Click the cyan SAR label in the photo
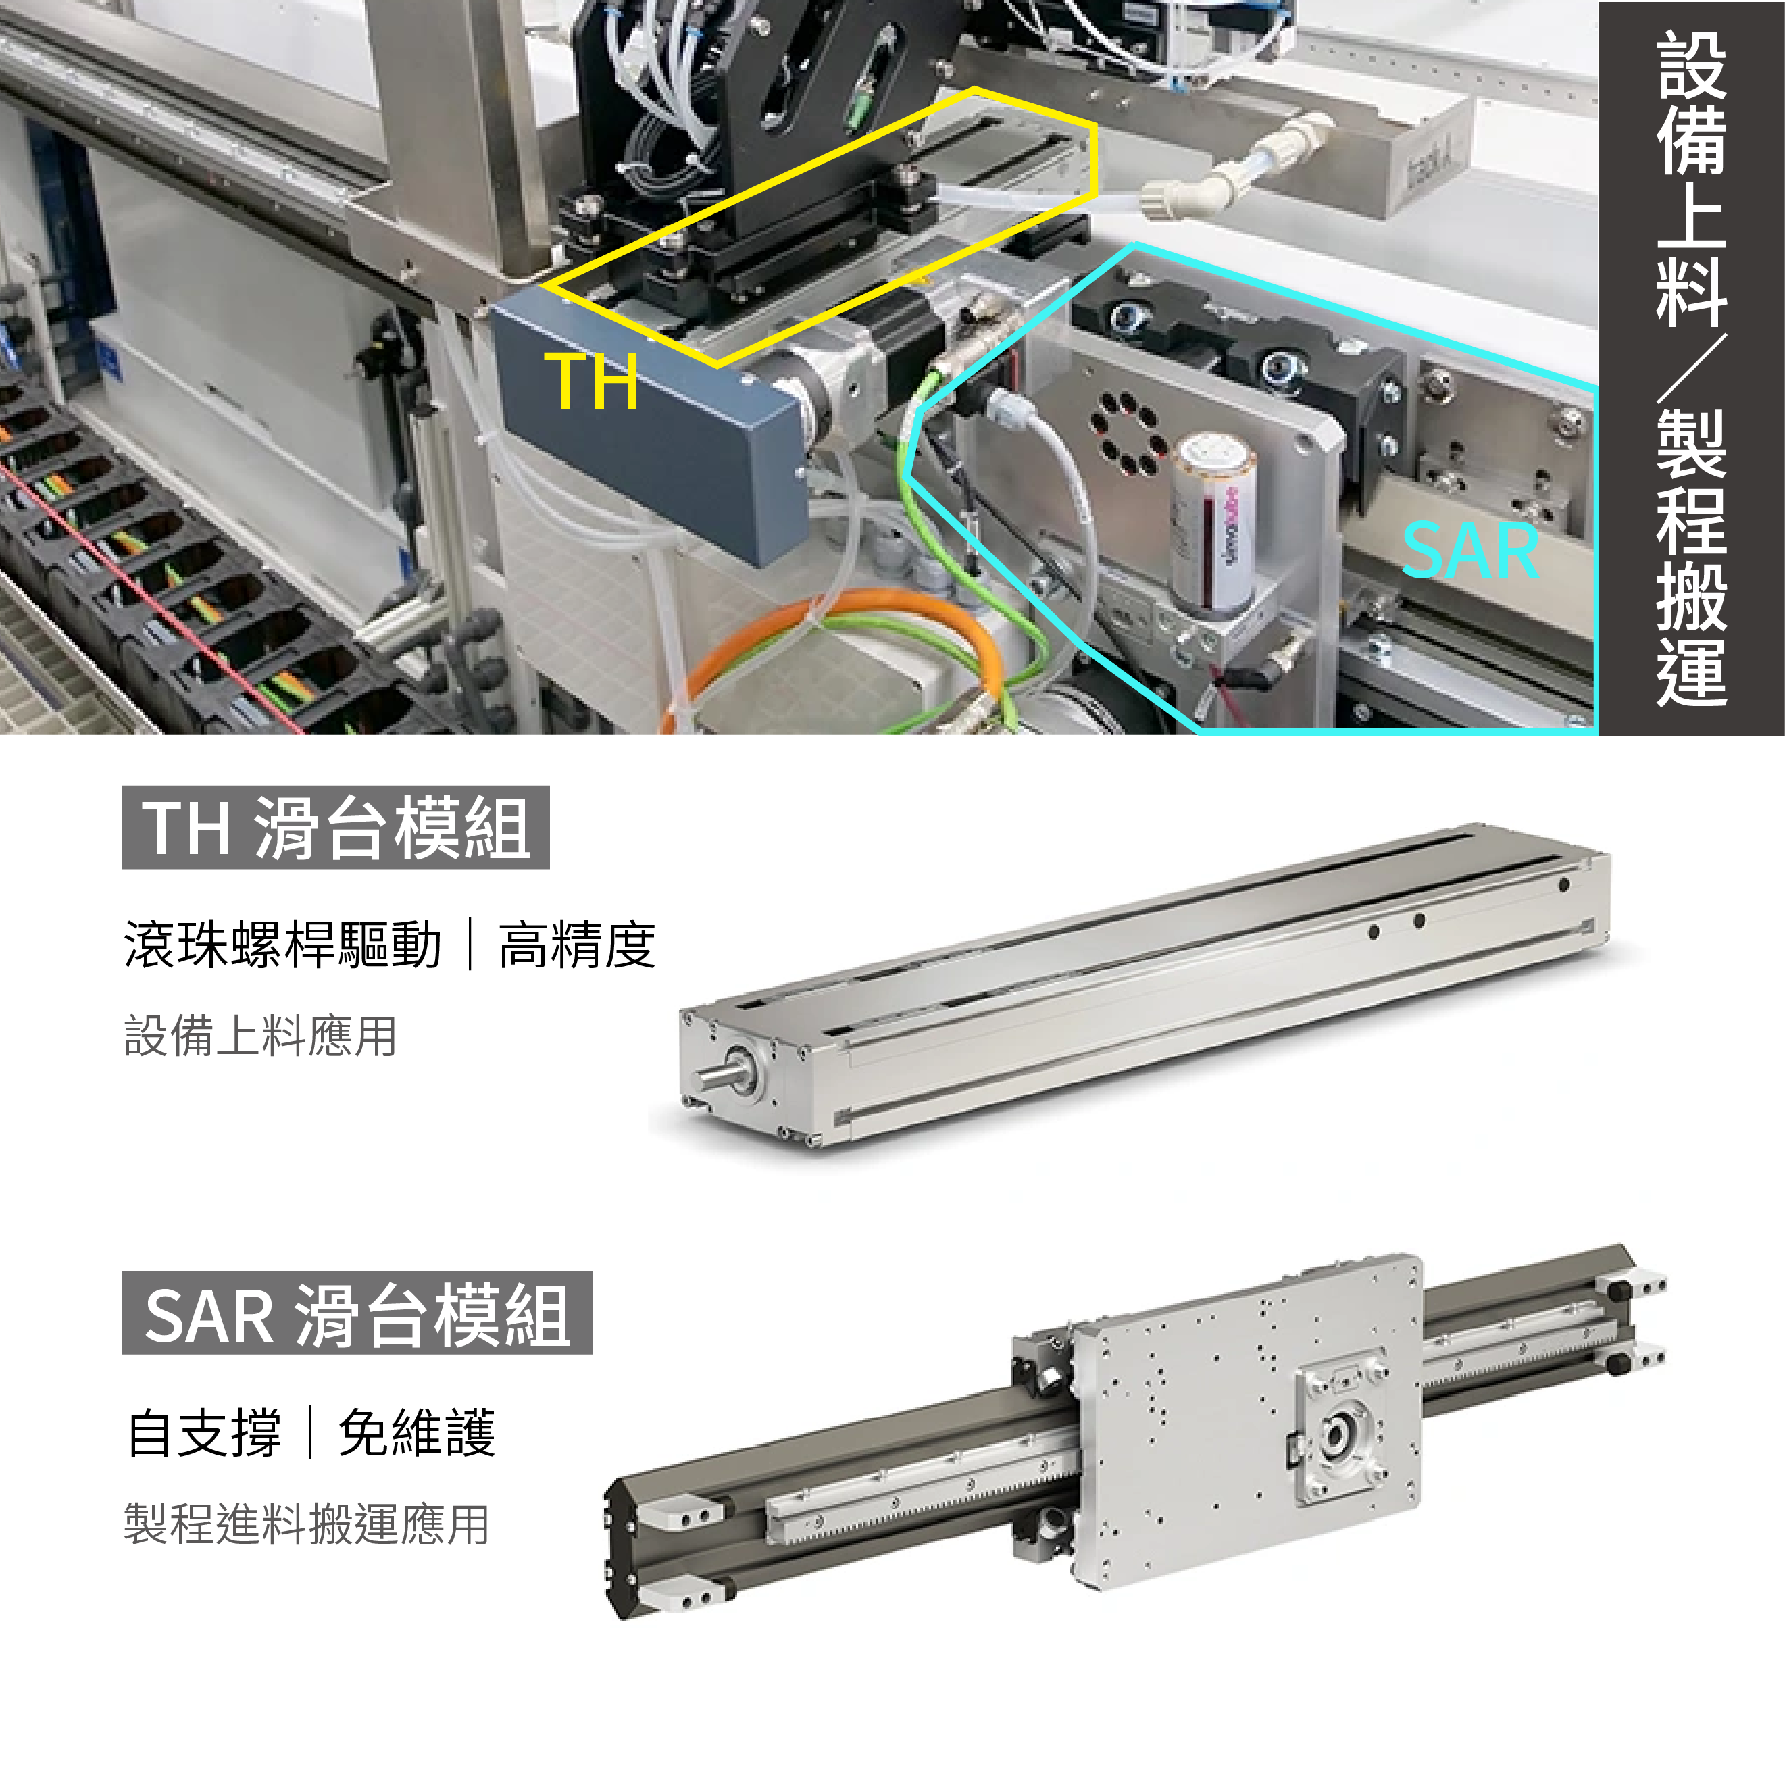pyautogui.click(x=1470, y=551)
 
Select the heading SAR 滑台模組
pyautogui.click(x=357, y=1313)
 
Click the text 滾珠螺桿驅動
pyautogui.click(x=282, y=945)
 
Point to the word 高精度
pyautogui.click(x=578, y=945)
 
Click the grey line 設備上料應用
pyautogui.click(x=261, y=1036)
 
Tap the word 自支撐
pyautogui.click(x=204, y=1433)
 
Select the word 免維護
pyautogui.click(x=417, y=1433)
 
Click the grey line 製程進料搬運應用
pyautogui.click(x=307, y=1524)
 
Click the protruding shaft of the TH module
pyautogui.click(x=717, y=1077)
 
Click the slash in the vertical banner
pyautogui.click(x=1692, y=368)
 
